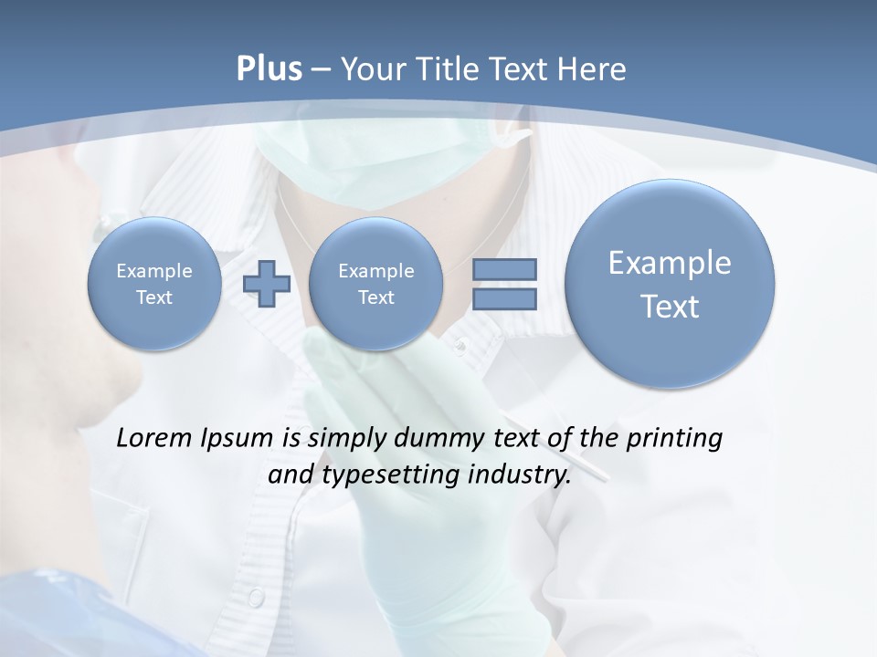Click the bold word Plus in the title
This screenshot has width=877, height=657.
269,69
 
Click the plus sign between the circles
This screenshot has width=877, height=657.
267,284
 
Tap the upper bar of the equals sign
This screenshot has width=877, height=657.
504,270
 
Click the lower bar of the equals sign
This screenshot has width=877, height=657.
504,298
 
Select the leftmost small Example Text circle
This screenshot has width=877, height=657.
154,284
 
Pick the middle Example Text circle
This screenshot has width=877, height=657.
375,284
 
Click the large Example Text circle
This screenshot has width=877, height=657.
670,284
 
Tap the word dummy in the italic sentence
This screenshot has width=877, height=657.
431,439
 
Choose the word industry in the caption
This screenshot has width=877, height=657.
519,475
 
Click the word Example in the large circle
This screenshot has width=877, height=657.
670,263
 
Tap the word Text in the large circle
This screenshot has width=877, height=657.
670,307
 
